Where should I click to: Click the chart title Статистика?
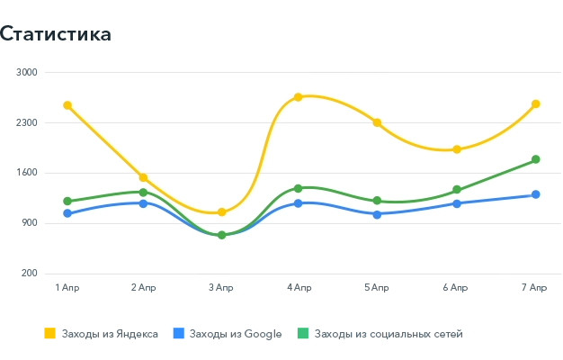[x=56, y=34]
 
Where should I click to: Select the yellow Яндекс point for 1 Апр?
[x=67, y=105]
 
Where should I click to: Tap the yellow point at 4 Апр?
[x=299, y=97]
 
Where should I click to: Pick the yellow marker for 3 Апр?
[x=221, y=212]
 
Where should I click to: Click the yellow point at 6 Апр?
[x=457, y=149]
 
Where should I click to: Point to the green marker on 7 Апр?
[x=535, y=159]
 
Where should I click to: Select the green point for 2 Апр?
[x=143, y=193]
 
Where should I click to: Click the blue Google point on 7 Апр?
[x=535, y=194]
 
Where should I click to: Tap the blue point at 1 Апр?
[x=67, y=213]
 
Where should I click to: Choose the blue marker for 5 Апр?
[x=377, y=214]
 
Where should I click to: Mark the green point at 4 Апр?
[x=299, y=188]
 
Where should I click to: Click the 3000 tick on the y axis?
[x=27, y=72]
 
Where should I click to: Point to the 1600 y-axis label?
[x=27, y=173]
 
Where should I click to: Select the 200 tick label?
[x=30, y=274]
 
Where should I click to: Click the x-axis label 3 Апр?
[x=221, y=287]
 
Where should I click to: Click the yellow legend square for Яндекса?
[x=50, y=334]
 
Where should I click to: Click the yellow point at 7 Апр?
[x=535, y=104]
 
